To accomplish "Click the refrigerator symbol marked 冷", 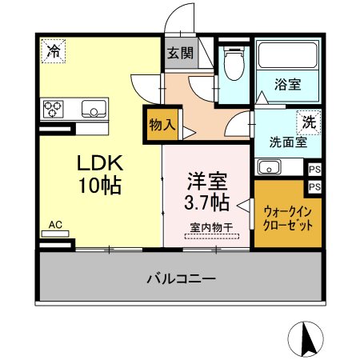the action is tap(54, 51).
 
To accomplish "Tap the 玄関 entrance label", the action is tap(181, 53).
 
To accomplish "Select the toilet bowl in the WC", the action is tap(234, 63).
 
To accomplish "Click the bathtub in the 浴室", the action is tap(287, 55).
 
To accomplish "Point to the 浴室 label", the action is tap(288, 84).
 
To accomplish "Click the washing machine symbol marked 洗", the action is tap(309, 122).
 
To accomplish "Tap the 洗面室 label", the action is tap(288, 142).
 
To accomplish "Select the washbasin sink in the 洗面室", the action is tap(269, 166).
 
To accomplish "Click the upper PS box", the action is tap(314, 170).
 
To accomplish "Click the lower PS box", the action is tap(314, 186).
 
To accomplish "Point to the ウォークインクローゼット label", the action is tap(288, 219).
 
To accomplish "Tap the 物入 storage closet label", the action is tap(162, 125).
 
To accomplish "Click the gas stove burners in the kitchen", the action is tap(54, 109).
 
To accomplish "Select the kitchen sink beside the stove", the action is tap(94, 109).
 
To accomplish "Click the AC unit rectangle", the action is tap(55, 234).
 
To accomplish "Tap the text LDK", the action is tap(100, 162).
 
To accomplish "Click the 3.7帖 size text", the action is tap(207, 203).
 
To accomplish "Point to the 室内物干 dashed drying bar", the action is tap(212, 236).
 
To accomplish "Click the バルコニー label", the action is tap(181, 279).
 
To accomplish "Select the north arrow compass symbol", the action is tap(306, 339).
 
